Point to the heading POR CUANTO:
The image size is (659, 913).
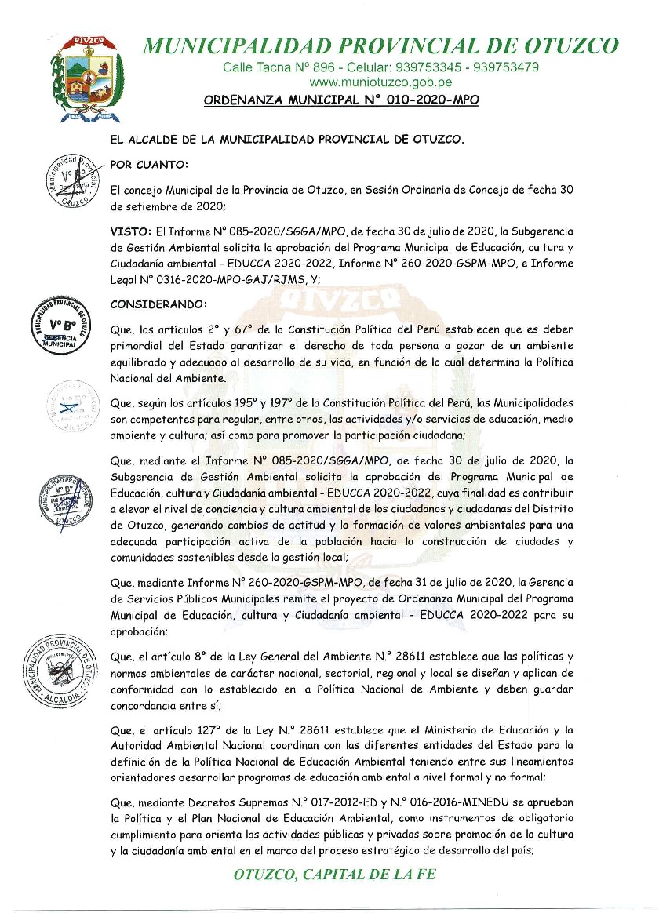(149, 165)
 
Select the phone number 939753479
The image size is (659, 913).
(502, 67)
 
